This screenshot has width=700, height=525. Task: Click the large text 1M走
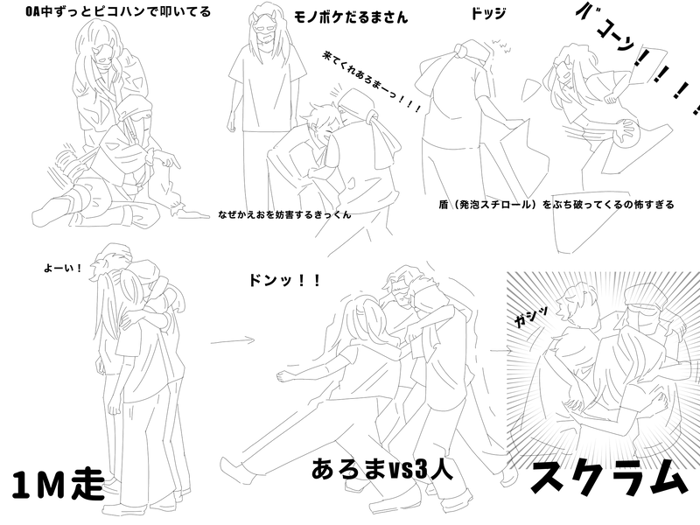click(x=58, y=485)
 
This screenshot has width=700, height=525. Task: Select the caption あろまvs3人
click(x=382, y=469)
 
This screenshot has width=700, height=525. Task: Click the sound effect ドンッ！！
click(x=284, y=280)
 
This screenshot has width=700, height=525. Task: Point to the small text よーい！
click(x=63, y=269)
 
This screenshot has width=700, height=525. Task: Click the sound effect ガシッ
click(x=531, y=317)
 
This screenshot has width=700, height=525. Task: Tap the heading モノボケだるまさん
click(x=351, y=17)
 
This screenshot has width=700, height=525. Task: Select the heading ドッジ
click(x=488, y=13)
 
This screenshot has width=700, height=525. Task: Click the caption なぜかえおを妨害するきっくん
click(x=285, y=214)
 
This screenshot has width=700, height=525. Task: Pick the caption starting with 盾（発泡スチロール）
click(x=556, y=205)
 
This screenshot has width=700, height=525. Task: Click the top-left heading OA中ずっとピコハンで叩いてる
click(x=118, y=11)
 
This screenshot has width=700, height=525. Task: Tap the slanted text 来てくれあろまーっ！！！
click(x=371, y=81)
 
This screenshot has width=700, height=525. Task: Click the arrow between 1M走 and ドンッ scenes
click(x=233, y=341)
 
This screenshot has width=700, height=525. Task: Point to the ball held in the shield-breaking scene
click(x=623, y=133)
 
